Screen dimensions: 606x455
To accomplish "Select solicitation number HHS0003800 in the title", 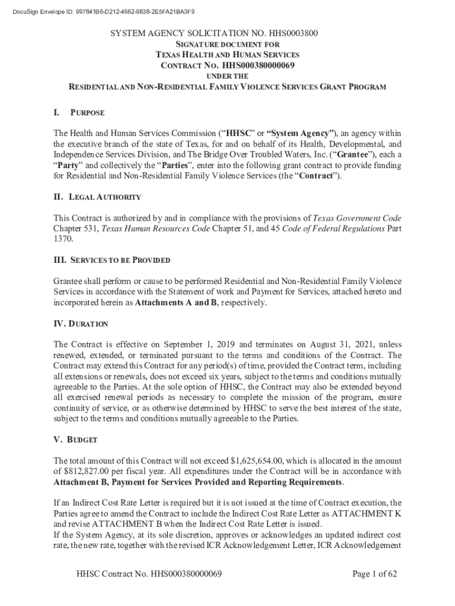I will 289,34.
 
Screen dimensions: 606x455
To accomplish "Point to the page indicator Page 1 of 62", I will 374,574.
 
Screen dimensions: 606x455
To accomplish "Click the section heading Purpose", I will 87,112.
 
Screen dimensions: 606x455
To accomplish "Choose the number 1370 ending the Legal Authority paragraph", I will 63,239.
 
